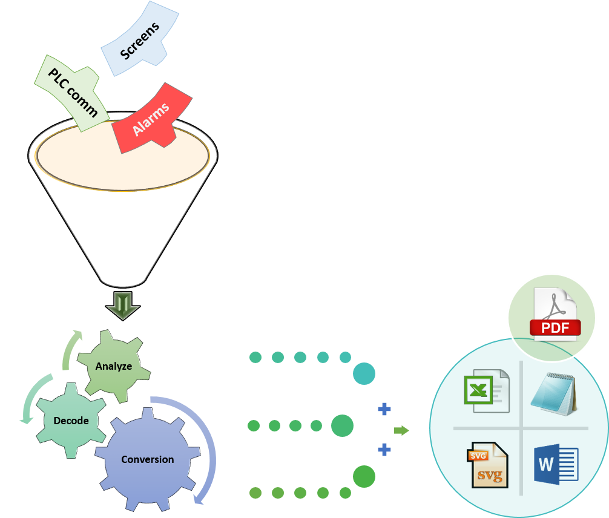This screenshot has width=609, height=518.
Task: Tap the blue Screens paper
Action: [140, 40]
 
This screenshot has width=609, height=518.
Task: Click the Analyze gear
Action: [113, 366]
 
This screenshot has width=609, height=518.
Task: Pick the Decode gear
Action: [70, 420]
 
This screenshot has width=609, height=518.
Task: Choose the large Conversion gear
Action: [147, 459]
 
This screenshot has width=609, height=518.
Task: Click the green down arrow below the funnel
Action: [123, 306]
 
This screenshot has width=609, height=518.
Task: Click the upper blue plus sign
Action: [384, 410]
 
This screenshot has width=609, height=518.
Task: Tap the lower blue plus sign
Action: [384, 450]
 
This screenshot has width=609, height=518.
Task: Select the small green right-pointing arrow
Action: [401, 430]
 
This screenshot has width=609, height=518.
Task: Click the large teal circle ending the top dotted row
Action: [364, 373]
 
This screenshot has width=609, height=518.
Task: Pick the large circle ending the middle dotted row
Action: [342, 426]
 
